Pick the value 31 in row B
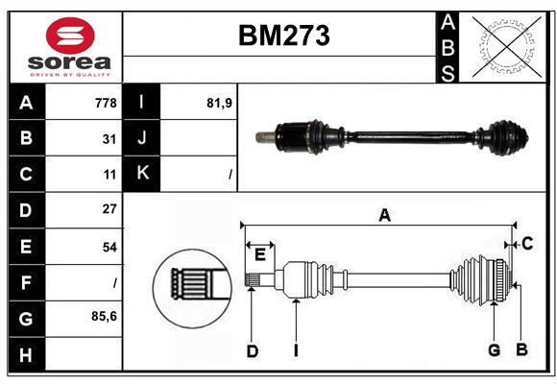[x=109, y=138]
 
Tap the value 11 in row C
[x=109, y=175]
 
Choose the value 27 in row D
[x=109, y=209]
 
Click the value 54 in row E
[x=109, y=247]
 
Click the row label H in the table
[x=26, y=354]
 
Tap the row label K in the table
[x=142, y=174]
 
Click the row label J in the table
[x=142, y=138]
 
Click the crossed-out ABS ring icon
[x=505, y=46]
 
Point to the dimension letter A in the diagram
[x=384, y=216]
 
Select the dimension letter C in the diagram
[x=527, y=244]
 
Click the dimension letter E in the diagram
[x=260, y=253]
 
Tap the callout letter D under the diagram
[x=253, y=350]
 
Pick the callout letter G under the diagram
[x=494, y=350]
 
